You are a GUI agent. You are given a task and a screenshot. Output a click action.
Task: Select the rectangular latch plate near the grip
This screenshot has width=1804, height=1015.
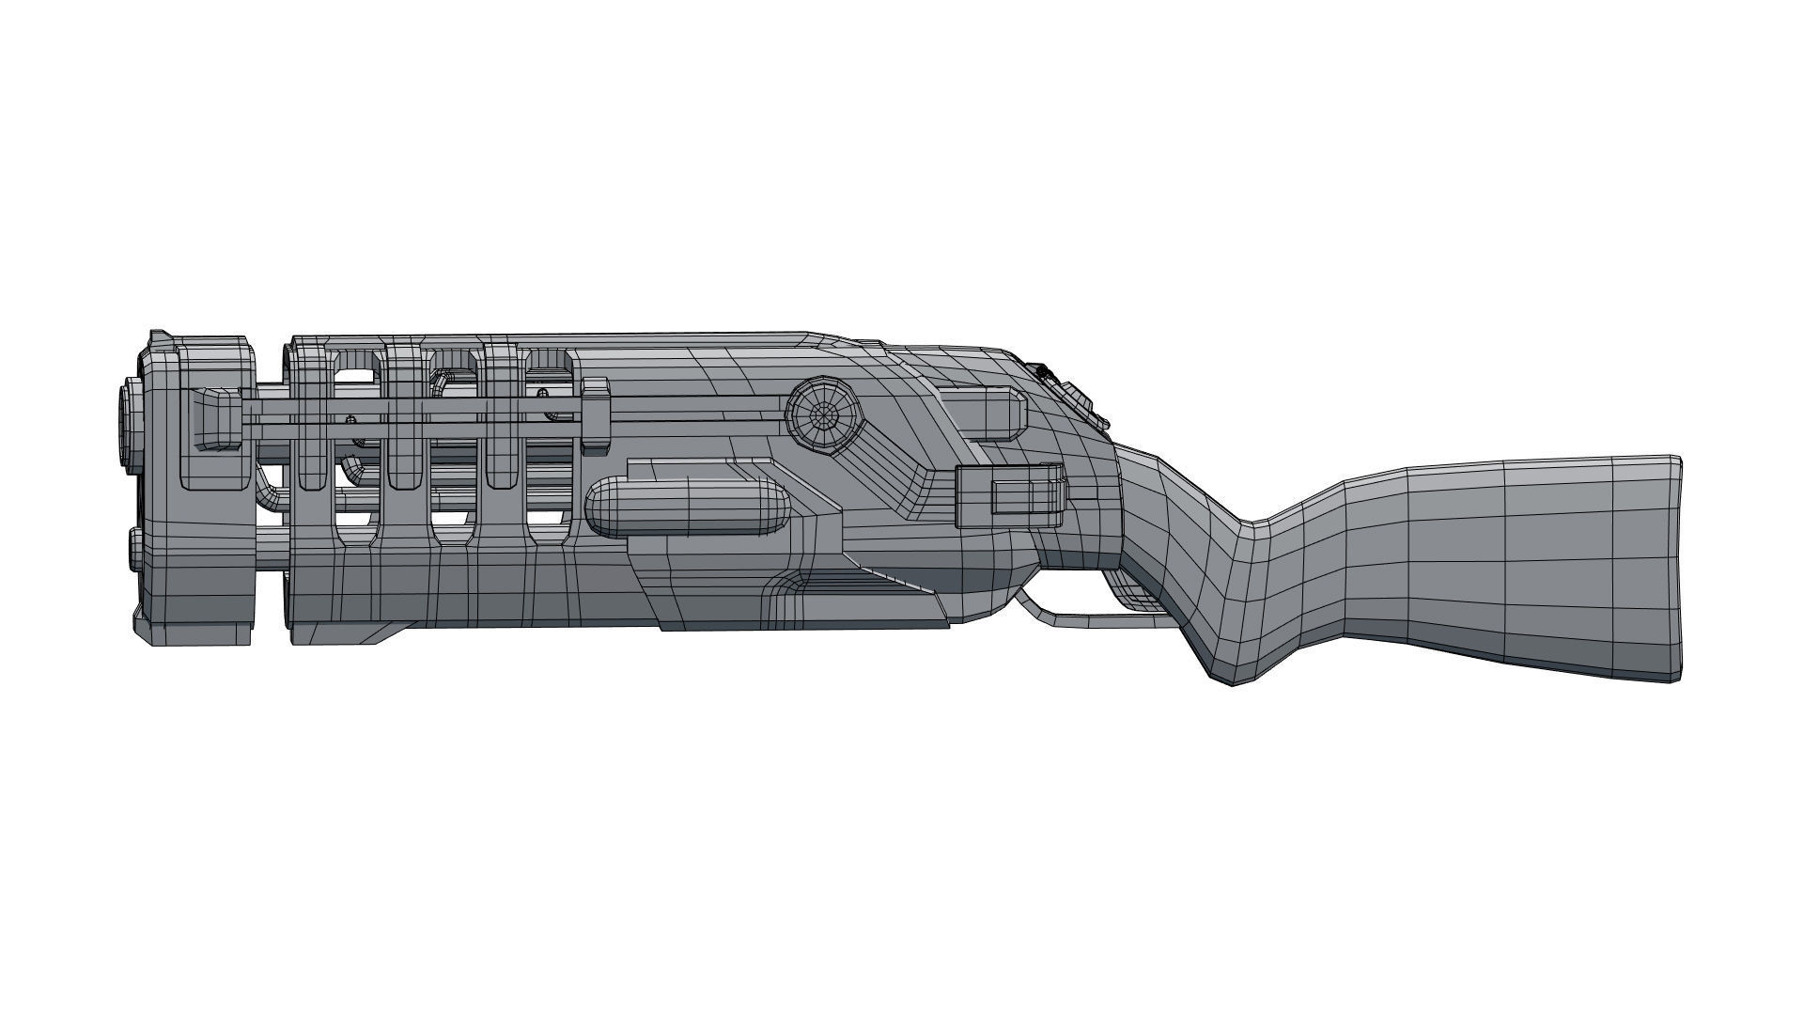[1011, 495]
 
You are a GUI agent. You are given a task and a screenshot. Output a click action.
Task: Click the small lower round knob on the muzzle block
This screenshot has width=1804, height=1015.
[134, 550]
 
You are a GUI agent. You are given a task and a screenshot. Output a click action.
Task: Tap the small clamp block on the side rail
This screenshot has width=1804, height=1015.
[596, 414]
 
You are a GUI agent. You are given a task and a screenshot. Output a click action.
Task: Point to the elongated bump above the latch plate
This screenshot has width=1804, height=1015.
[987, 414]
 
